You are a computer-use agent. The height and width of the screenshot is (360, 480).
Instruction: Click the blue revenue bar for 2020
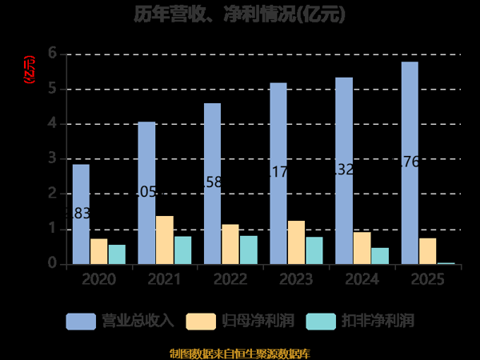pyautogui.click(x=81, y=214)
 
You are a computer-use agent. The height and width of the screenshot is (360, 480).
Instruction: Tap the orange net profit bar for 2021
pyautogui.click(x=164, y=239)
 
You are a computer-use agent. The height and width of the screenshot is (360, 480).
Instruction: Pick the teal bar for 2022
pyautogui.click(x=248, y=250)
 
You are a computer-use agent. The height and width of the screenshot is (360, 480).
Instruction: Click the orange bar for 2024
pyautogui.click(x=362, y=247)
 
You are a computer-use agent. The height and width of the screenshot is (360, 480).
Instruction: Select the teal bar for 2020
pyautogui.click(x=117, y=254)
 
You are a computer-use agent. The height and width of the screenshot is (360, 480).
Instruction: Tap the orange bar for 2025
pyautogui.click(x=427, y=250)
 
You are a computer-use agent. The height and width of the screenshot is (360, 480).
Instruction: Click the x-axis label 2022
pyautogui.click(x=230, y=279)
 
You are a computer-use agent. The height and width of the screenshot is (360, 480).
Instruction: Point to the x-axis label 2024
pyautogui.click(x=361, y=279)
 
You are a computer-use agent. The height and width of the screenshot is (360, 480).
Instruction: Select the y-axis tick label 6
pyautogui.click(x=52, y=54)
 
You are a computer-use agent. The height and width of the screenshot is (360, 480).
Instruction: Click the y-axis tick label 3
pyautogui.click(x=52, y=158)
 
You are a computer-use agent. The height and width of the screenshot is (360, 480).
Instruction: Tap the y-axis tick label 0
pyautogui.click(x=52, y=263)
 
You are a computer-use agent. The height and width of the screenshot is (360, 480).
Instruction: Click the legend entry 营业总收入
pyautogui.click(x=121, y=321)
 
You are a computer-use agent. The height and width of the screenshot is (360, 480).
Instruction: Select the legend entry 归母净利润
pyautogui.click(x=241, y=321)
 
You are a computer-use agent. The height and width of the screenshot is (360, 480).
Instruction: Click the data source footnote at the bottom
pyautogui.click(x=239, y=353)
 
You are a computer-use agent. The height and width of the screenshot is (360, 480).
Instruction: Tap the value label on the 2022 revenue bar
pyautogui.click(x=212, y=182)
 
